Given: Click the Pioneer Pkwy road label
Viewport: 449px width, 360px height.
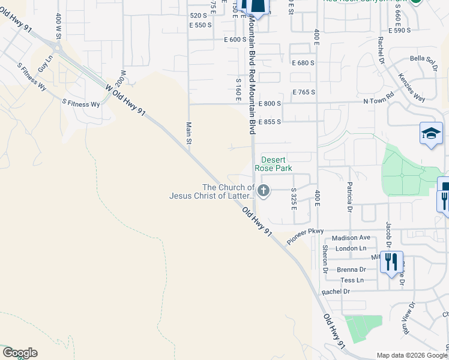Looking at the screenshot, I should (305, 235).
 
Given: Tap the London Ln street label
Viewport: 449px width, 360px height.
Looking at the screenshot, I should (351, 248).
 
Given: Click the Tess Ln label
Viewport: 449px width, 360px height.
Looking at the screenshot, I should (352, 280).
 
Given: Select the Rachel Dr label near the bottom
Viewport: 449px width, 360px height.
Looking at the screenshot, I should (336, 292).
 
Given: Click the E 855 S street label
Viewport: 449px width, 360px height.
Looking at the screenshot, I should (269, 121).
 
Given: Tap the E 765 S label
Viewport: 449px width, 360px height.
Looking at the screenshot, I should (304, 92).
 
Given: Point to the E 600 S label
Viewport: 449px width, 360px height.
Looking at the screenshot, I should (235, 40).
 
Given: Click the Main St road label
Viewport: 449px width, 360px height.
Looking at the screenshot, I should (188, 133).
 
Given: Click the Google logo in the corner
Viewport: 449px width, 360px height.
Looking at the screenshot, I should (20, 353).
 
